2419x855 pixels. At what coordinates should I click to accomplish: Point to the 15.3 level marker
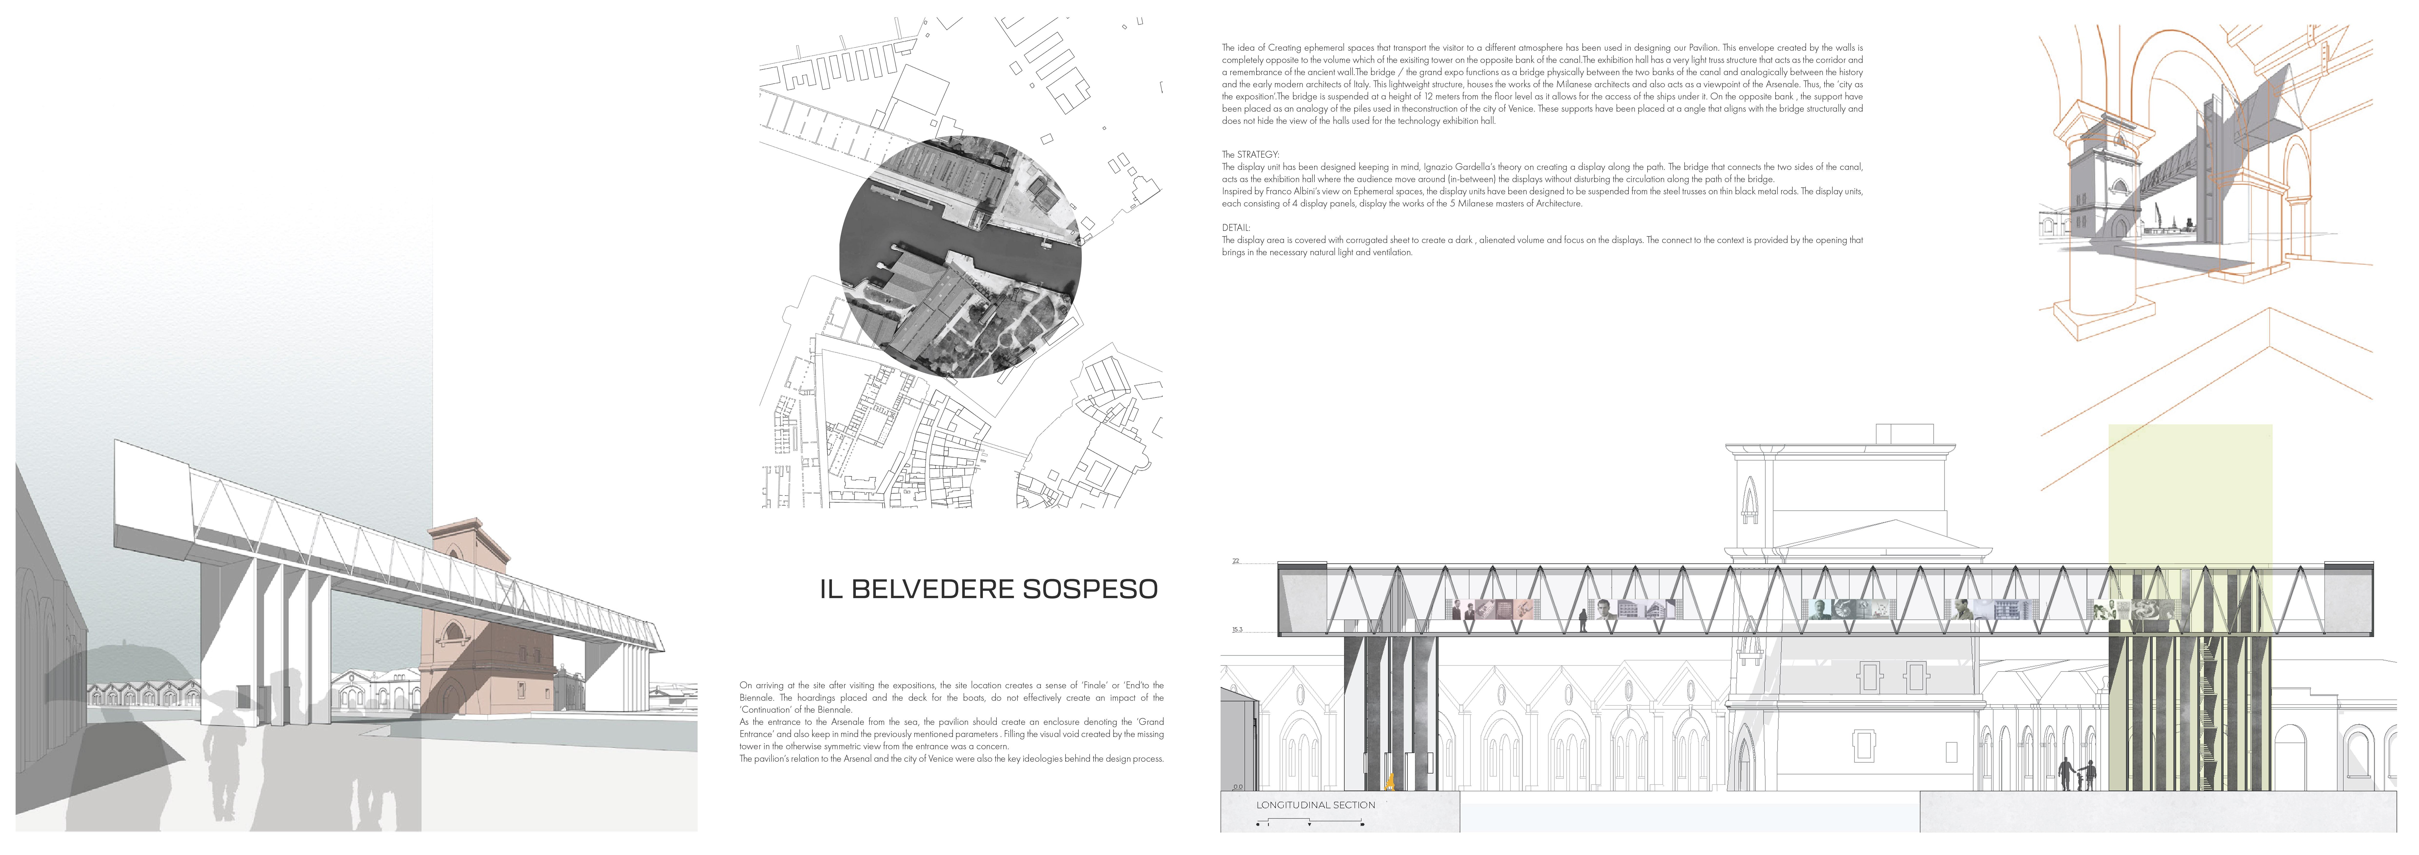[1237, 630]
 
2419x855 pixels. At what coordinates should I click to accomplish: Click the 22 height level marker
[1236, 561]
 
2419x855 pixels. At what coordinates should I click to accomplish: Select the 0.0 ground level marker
[1237, 787]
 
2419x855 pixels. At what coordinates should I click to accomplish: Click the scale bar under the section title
[1310, 823]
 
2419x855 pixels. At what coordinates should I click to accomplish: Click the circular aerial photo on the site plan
[960, 257]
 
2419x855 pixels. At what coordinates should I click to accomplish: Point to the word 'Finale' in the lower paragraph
[1095, 685]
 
